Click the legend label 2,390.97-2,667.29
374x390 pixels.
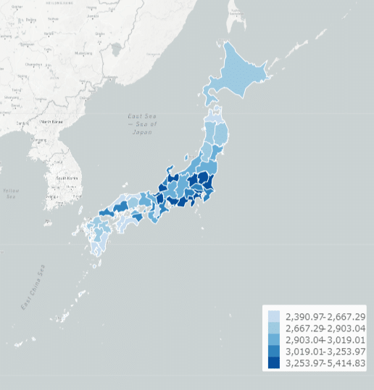[x=325, y=317]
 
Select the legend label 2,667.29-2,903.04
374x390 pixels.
[x=325, y=328]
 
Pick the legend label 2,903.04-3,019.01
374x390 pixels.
[x=325, y=340]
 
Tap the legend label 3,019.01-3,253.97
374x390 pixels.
[x=325, y=352]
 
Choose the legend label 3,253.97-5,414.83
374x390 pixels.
[x=325, y=363]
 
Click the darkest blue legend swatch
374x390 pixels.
[x=273, y=363]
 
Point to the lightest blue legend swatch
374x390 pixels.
[x=273, y=317]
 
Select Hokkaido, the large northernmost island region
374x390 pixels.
[x=243, y=72]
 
